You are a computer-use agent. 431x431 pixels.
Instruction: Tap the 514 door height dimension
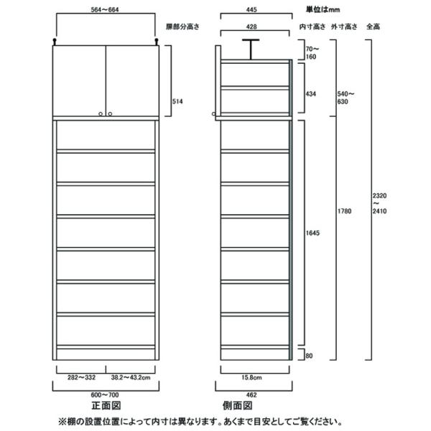click(177, 101)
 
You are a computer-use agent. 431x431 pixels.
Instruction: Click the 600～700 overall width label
click(106, 394)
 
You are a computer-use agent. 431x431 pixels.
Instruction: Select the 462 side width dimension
click(253, 394)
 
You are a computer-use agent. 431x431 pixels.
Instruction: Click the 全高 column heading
click(373, 27)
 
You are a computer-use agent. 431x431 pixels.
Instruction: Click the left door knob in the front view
click(99, 113)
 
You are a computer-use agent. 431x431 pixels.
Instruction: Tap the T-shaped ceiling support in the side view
click(251, 47)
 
